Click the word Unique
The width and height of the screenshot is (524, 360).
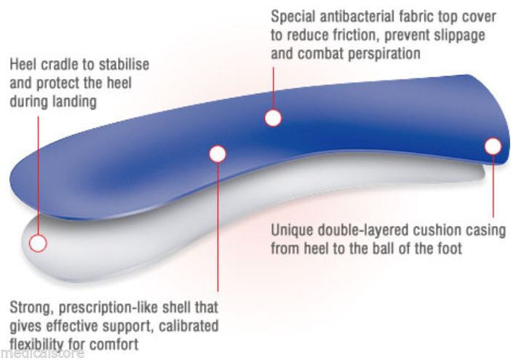(x=291, y=231)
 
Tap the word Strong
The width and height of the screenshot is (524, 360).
(x=31, y=307)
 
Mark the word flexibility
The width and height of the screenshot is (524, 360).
(x=36, y=343)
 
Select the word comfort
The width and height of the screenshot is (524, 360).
(x=115, y=343)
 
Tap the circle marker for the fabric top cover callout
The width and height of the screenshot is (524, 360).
(x=273, y=117)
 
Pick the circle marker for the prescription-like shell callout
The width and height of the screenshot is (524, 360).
(x=218, y=153)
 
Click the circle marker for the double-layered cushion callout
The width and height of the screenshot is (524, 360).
(x=493, y=146)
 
